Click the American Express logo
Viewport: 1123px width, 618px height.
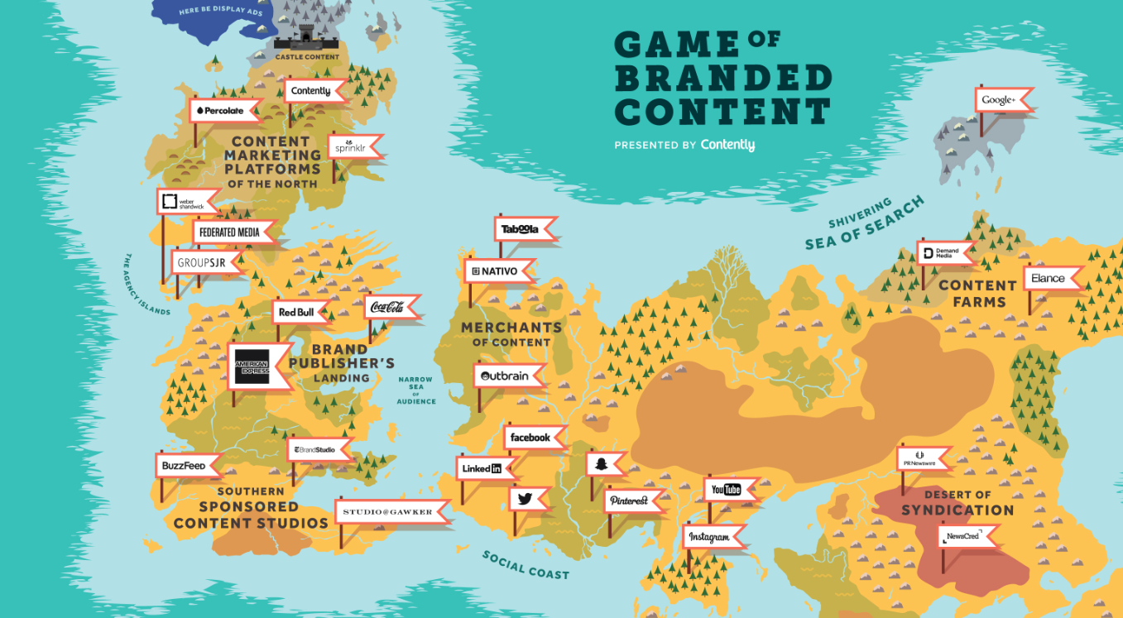tap(252, 366)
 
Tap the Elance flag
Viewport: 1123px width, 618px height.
tap(1050, 279)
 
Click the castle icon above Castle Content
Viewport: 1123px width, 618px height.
tap(307, 36)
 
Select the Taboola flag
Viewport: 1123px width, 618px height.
tap(522, 229)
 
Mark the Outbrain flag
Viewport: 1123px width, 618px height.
tap(506, 376)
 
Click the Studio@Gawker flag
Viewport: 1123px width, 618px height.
tap(391, 512)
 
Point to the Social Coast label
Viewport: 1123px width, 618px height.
tap(526, 564)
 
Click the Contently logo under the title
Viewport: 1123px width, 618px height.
tap(727, 145)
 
